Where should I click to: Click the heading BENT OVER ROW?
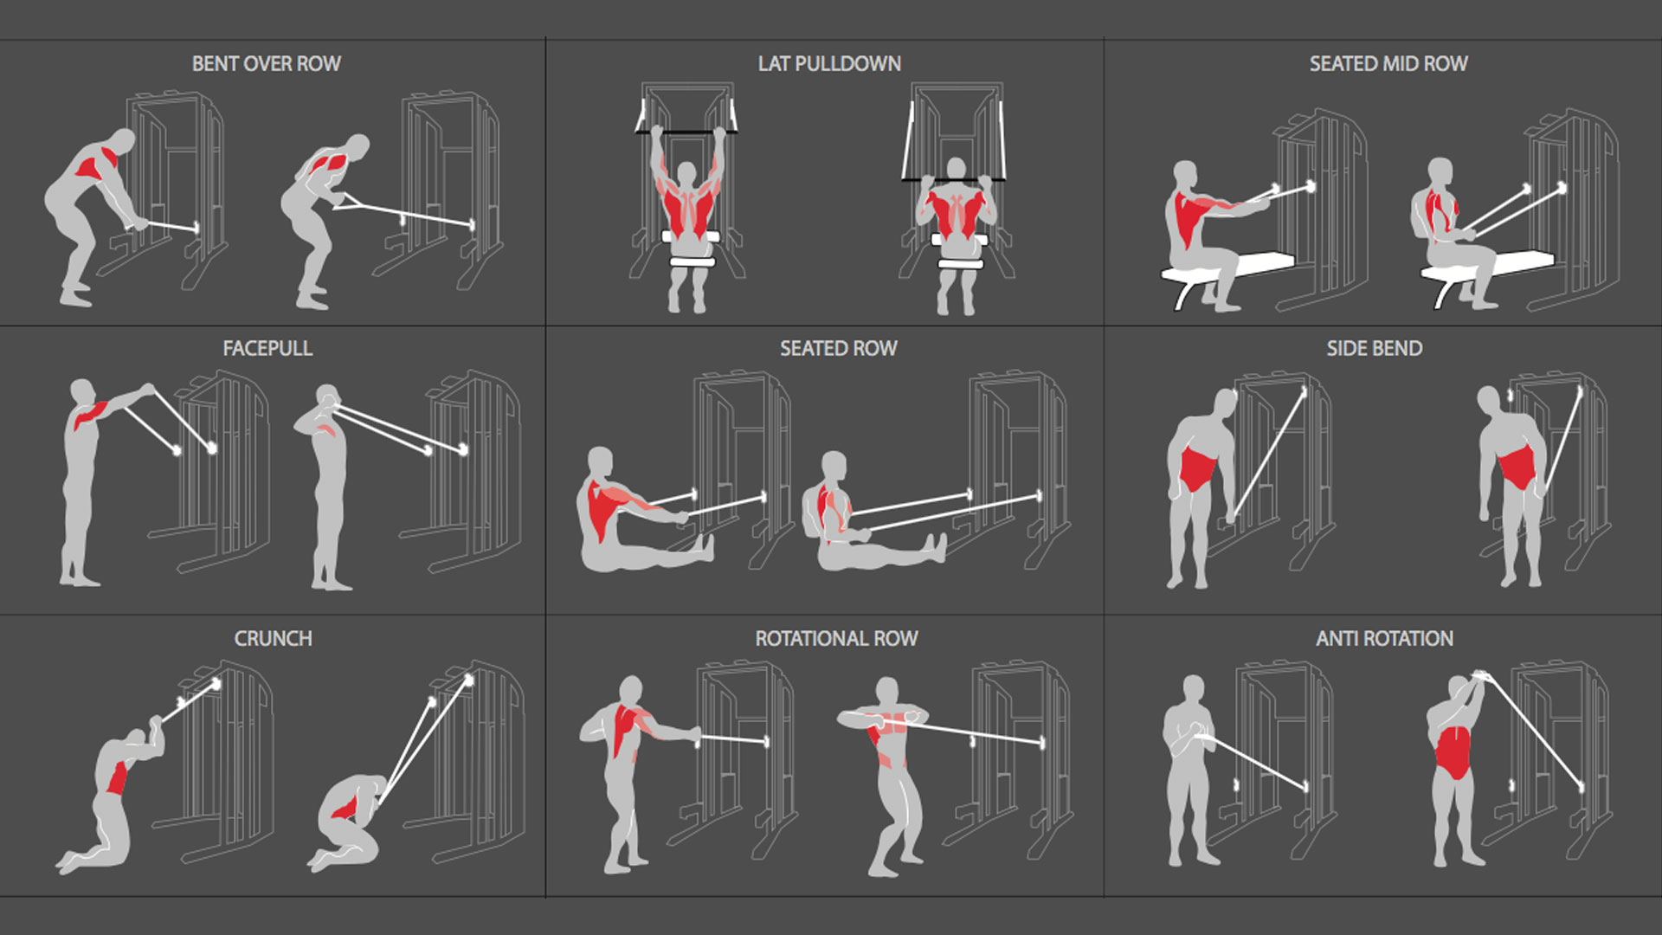click(x=266, y=64)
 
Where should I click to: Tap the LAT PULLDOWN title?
click(x=829, y=64)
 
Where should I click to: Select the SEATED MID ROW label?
click(x=1388, y=64)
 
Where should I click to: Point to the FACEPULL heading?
click(x=267, y=349)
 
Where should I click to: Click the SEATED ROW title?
click(x=838, y=349)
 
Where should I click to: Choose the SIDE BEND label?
click(x=1374, y=349)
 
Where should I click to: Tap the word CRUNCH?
click(x=273, y=639)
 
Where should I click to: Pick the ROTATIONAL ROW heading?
click(x=836, y=639)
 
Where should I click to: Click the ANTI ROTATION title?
click(x=1384, y=639)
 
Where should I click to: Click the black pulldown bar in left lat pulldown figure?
click(x=686, y=132)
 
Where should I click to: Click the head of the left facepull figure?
click(x=82, y=392)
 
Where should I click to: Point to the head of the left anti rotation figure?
click(x=1194, y=689)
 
